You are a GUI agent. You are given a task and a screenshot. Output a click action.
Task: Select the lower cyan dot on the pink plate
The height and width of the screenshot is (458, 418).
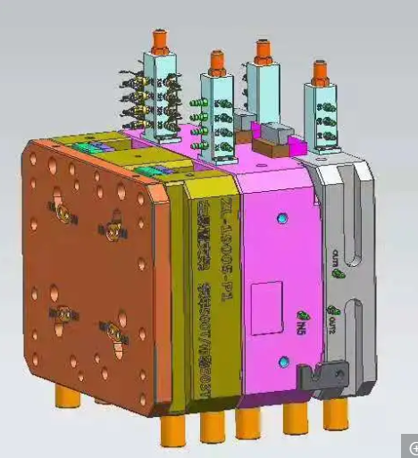click(284, 361)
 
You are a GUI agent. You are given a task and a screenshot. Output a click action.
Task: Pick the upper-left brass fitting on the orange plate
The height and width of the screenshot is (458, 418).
click(63, 212)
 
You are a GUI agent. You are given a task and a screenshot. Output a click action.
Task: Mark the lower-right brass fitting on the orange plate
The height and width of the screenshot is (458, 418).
click(113, 332)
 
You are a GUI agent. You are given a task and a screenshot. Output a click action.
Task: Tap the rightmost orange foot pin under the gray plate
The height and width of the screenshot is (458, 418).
click(336, 412)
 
